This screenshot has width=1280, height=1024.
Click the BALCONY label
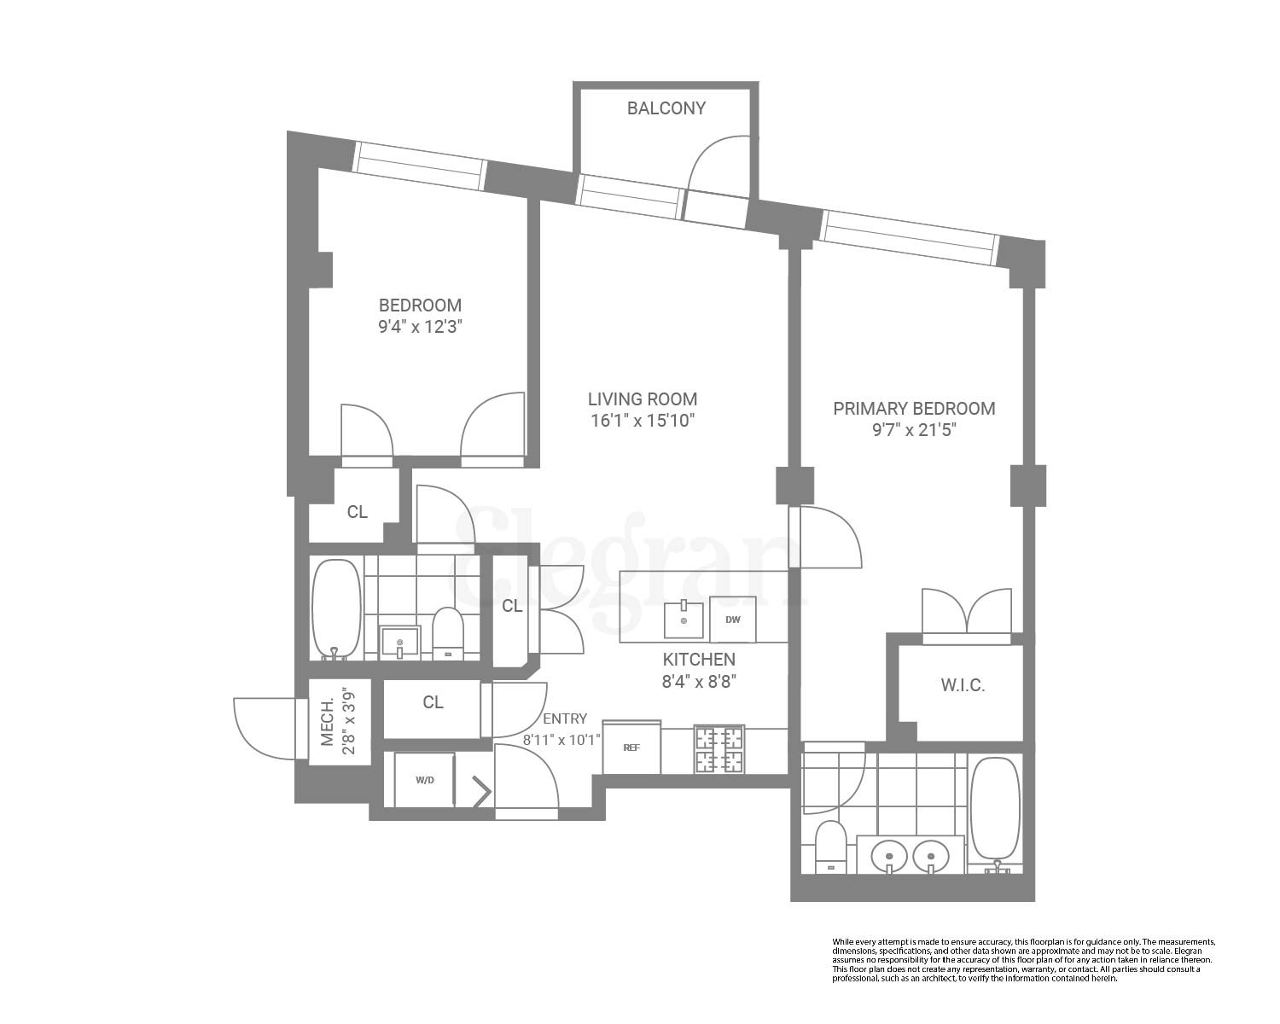pyautogui.click(x=666, y=108)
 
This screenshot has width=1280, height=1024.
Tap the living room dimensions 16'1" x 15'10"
pyautogui.click(x=643, y=421)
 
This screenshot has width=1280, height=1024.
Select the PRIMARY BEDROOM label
pyautogui.click(x=914, y=409)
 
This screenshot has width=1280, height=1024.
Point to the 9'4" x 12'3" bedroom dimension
pyautogui.click(x=420, y=327)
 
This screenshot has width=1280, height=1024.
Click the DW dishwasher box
pyautogui.click(x=732, y=620)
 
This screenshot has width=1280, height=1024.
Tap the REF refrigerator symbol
pyautogui.click(x=631, y=748)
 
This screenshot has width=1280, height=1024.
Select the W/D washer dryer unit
pyautogui.click(x=424, y=780)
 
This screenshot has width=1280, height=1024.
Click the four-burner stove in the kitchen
pyautogui.click(x=719, y=749)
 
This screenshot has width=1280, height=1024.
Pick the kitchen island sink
pyautogui.click(x=684, y=620)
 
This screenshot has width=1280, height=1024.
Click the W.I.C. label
pyautogui.click(x=963, y=685)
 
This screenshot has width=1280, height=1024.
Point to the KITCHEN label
pyautogui.click(x=699, y=660)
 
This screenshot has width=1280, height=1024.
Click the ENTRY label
pyautogui.click(x=565, y=719)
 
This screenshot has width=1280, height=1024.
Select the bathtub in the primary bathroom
pyautogui.click(x=995, y=809)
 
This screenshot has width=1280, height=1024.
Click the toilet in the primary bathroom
pyautogui.click(x=830, y=847)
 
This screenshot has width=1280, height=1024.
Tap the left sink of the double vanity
pyautogui.click(x=889, y=853)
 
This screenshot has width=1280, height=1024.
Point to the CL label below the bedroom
pyautogui.click(x=357, y=512)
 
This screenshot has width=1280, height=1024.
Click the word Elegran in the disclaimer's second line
pyautogui.click(x=1189, y=951)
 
